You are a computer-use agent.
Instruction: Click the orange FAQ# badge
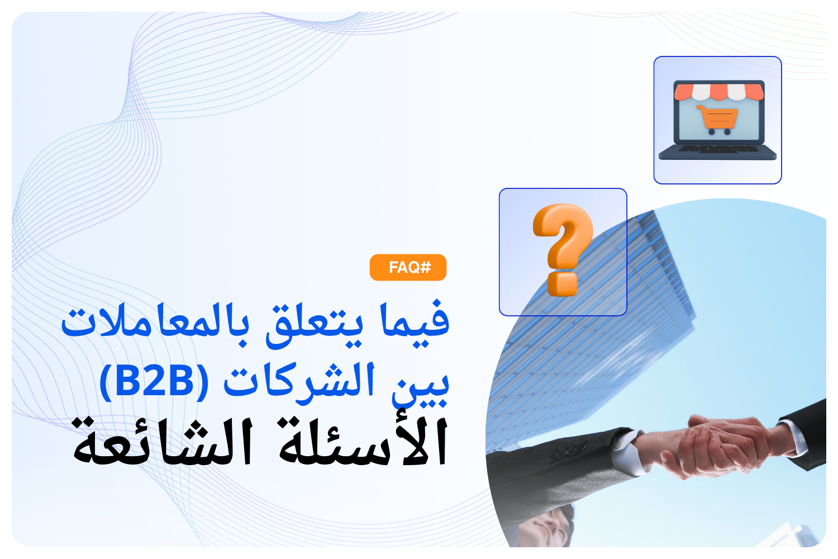(408, 267)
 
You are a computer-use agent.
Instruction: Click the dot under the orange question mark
(563, 284)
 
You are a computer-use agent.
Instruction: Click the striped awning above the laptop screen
(718, 91)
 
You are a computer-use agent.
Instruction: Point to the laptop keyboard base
(718, 152)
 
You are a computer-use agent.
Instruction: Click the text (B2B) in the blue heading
(154, 381)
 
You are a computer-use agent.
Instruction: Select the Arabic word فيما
(415, 321)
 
